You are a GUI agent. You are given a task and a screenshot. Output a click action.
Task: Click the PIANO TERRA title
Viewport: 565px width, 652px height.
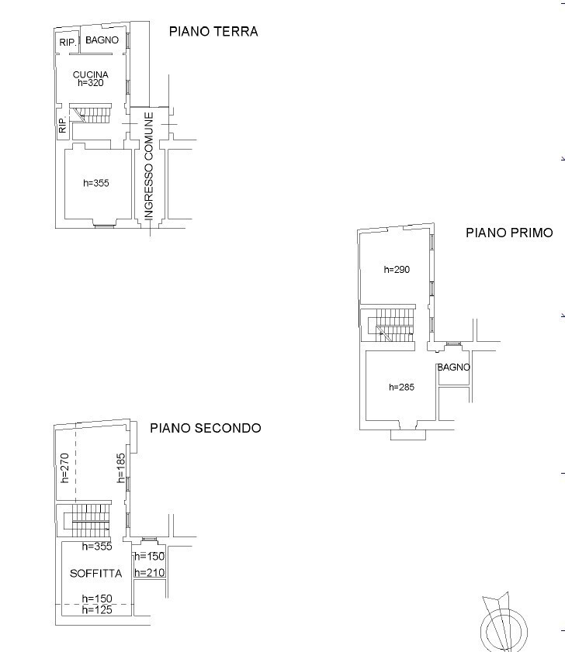tap(213, 32)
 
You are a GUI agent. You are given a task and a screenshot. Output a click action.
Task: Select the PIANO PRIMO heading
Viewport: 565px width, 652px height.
tap(509, 232)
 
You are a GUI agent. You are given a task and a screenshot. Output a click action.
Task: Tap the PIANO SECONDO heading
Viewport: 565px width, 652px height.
tap(205, 427)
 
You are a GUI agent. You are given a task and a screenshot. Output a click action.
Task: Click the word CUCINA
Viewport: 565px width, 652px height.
tap(91, 74)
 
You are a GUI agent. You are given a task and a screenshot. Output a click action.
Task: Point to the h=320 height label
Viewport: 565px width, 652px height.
tap(91, 83)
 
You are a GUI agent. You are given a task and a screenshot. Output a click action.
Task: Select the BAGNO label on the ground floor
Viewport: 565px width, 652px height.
tap(102, 40)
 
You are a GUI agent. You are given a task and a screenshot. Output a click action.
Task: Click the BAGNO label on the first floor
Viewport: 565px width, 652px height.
tap(453, 367)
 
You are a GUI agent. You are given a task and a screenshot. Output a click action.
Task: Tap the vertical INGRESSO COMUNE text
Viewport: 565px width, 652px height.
tap(149, 166)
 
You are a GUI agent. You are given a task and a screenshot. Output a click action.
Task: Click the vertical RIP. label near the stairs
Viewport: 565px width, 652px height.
tap(63, 126)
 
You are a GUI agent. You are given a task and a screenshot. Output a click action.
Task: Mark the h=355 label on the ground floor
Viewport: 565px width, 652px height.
tap(96, 184)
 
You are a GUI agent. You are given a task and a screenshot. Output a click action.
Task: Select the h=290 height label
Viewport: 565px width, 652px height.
tap(397, 270)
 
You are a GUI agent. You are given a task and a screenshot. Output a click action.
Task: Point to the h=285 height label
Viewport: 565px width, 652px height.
tap(400, 387)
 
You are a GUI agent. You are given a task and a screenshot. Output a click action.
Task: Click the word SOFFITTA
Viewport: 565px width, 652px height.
tap(95, 574)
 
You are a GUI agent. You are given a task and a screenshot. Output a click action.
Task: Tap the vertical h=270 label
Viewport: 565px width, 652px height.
tap(65, 467)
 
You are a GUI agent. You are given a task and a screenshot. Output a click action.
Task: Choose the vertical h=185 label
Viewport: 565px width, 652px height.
tap(121, 468)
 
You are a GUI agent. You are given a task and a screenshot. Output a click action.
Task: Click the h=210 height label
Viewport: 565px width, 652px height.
tap(149, 573)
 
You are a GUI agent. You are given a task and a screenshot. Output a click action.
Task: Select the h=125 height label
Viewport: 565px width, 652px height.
tap(98, 610)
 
